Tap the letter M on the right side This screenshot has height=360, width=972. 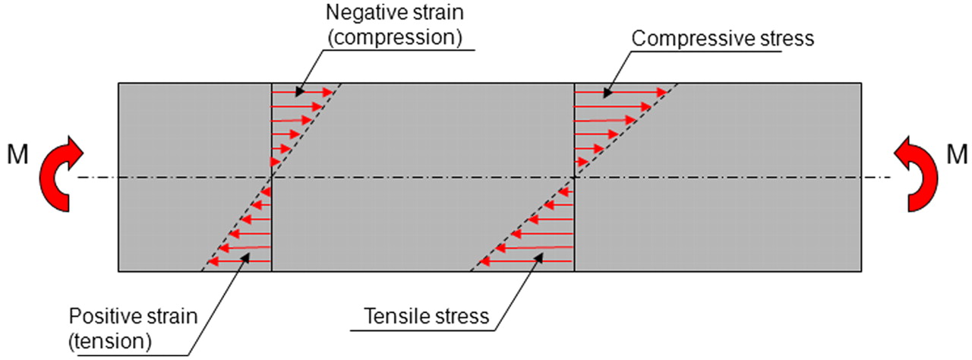957,155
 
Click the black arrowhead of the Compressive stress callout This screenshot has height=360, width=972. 605,95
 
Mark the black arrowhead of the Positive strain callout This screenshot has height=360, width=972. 245,258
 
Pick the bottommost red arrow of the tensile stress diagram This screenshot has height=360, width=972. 527,262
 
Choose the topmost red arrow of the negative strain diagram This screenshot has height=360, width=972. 301,92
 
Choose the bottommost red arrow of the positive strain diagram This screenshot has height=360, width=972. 240,262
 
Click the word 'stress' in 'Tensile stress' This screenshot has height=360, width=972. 462,316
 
